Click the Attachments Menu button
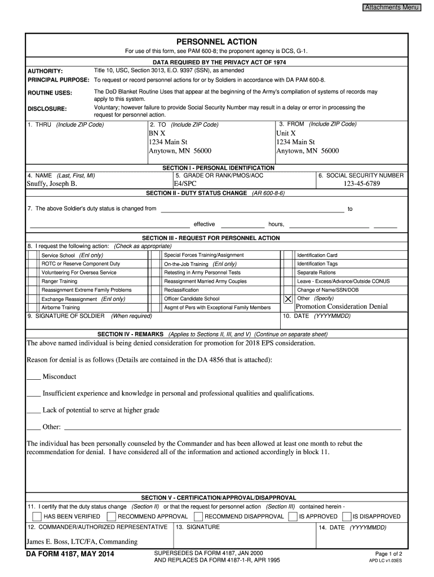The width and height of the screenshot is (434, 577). pos(391,7)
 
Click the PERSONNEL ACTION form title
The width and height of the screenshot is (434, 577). pos(216,42)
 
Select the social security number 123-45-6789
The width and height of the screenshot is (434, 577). pos(361,184)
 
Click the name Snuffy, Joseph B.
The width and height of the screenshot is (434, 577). pos(52,184)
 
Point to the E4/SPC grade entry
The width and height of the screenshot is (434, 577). pos(185,184)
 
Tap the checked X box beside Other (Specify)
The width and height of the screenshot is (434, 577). pos(288,299)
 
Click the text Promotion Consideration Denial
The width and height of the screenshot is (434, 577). pos(342,307)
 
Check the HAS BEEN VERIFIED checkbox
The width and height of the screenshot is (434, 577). pos(37,516)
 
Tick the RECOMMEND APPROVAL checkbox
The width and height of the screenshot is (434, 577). pos(112,516)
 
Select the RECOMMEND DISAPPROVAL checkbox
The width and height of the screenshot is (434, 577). pos(198,516)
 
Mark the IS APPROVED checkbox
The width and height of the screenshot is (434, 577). pos(292,516)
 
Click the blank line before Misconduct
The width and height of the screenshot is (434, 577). pos(33,376)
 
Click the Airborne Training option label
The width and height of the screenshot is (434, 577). pos(60,308)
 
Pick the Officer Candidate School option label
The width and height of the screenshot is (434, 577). pos(192,299)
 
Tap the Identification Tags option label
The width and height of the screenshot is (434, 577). pos(317,264)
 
